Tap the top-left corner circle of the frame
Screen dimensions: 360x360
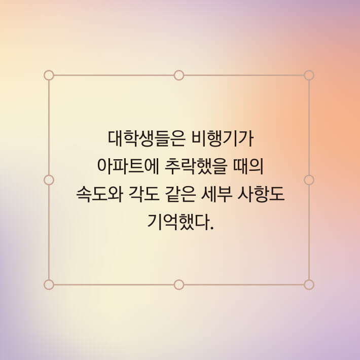pyautogui.click(x=49, y=75)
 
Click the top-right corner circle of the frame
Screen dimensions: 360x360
pyautogui.click(x=309, y=75)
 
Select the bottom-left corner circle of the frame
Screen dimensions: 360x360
pyautogui.click(x=49, y=284)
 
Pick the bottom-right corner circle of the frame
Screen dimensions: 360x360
pyautogui.click(x=309, y=284)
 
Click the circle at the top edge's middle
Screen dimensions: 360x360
pyautogui.click(x=179, y=75)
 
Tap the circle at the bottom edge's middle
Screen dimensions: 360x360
pyautogui.click(x=179, y=284)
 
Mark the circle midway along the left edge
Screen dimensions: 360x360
pyautogui.click(x=49, y=180)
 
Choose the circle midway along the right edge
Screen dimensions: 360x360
pyautogui.click(x=309, y=180)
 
